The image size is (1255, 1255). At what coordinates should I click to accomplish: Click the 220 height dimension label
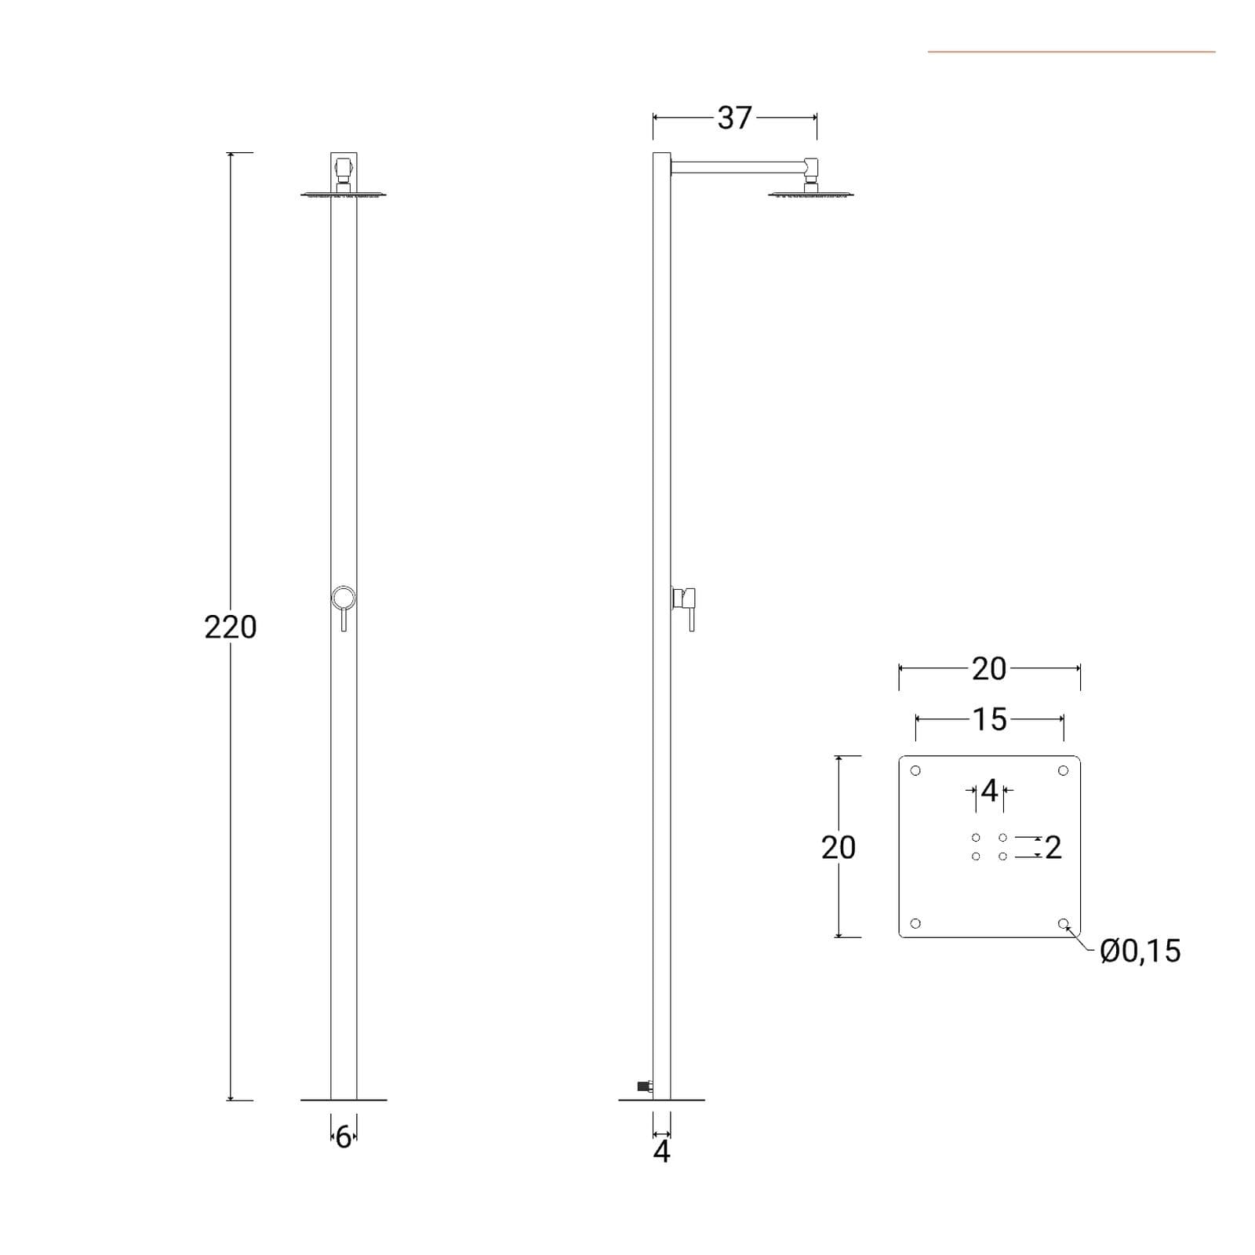(x=231, y=627)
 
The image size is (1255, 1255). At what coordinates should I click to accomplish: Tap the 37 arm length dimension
(x=734, y=118)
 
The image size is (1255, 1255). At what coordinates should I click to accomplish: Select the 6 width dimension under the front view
(x=344, y=1137)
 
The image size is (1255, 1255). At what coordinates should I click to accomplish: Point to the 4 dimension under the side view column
(x=662, y=1151)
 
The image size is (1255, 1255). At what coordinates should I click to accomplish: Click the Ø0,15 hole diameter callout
(x=1140, y=951)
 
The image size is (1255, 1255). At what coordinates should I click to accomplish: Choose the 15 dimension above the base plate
(x=990, y=719)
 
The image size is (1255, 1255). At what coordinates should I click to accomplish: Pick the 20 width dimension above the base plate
(x=989, y=669)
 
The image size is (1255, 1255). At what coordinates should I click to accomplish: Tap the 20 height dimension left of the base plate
(x=838, y=847)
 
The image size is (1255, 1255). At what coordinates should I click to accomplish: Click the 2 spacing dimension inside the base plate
(x=1053, y=847)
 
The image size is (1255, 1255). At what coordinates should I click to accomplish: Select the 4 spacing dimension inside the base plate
(x=989, y=791)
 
